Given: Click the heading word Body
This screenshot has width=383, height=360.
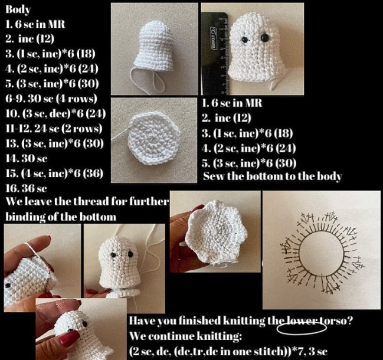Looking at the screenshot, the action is coord(18,9).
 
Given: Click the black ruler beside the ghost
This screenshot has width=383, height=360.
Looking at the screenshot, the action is coord(215,54).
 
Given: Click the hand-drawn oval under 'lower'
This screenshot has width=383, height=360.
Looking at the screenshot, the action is coord(302,329).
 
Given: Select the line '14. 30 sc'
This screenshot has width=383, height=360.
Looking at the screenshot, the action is coord(27,159).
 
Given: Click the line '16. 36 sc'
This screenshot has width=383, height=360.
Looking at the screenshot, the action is coord(26,188).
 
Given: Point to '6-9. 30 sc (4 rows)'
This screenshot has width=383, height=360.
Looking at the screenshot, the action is coord(51,99).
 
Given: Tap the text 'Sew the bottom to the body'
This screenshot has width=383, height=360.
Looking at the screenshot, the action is coord(272,176).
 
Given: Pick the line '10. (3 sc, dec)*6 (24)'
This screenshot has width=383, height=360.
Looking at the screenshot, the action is coord(55,113).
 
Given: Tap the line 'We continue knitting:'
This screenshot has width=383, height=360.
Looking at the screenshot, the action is coord(185,336).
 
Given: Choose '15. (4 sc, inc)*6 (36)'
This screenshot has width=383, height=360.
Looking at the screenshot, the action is coord(54,174).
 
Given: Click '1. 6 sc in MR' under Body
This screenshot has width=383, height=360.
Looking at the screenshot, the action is coord(35,24).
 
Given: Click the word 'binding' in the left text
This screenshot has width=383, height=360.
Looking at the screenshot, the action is coord(25,217).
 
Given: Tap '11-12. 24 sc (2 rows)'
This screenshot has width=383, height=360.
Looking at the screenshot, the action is coord(54,129).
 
